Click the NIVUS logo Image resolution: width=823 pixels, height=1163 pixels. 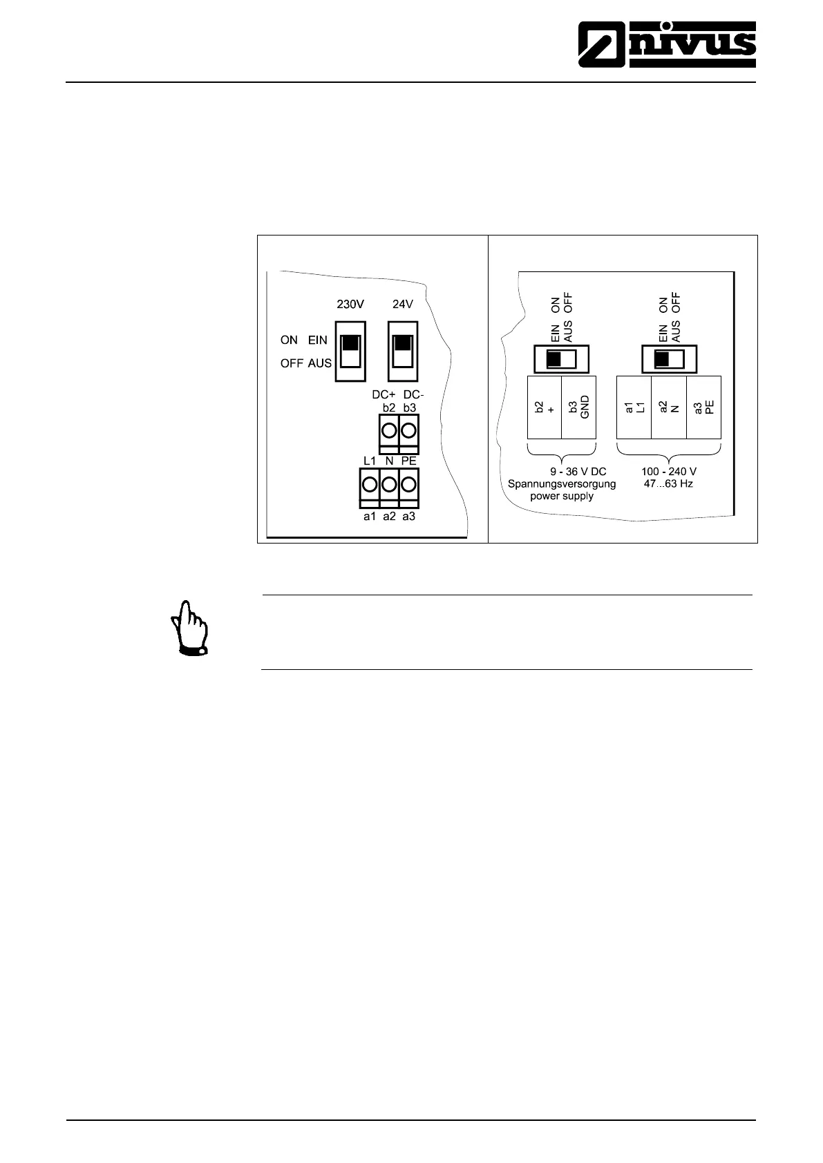tap(667, 44)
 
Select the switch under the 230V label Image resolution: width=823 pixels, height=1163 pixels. tap(350, 351)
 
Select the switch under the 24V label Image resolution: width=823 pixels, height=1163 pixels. tap(403, 351)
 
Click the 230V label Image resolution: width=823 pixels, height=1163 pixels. tap(350, 304)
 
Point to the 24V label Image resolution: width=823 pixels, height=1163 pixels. tap(403, 304)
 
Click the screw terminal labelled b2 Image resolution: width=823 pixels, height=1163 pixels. tap(389, 431)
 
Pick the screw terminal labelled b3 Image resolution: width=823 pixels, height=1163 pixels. tap(409, 431)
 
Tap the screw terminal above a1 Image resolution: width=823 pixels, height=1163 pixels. tap(369, 483)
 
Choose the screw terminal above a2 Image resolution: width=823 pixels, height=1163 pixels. tap(389, 483)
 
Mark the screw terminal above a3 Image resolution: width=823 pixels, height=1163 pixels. tap(409, 483)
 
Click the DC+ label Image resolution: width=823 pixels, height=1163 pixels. tap(384, 395)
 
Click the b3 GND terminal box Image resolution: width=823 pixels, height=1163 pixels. tap(578, 407)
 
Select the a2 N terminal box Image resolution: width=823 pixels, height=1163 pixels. tap(668, 407)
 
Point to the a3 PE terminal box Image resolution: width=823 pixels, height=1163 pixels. tap(703, 407)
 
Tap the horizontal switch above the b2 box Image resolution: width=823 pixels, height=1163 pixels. tap(562, 359)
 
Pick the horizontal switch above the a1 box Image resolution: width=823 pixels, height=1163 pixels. tap(669, 359)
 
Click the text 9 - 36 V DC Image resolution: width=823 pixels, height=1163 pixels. tap(573, 472)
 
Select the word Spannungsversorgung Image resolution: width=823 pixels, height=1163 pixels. tap(562, 483)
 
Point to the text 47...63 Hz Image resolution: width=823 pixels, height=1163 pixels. tap(668, 483)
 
